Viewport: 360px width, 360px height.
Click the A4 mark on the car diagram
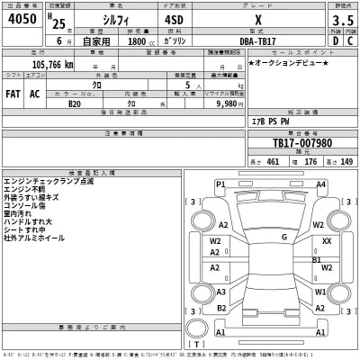pos(320,184)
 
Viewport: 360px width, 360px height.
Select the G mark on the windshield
pos(283,238)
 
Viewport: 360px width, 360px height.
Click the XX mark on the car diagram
pos(326,242)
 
